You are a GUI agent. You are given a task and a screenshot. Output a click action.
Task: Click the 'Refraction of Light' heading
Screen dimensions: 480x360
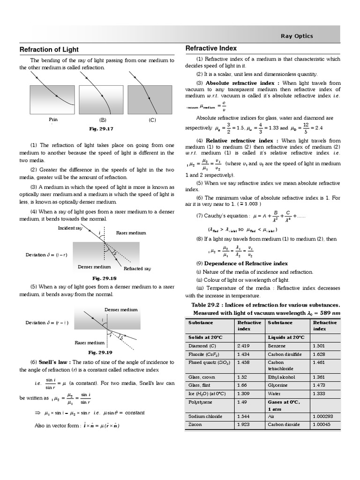tap(49, 50)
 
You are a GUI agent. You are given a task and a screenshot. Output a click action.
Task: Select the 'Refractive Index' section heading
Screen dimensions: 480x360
tap(211, 48)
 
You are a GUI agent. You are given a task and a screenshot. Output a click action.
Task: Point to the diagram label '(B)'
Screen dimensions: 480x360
tap(103, 120)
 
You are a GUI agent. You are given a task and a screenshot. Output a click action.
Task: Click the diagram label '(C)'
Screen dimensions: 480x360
tap(152, 120)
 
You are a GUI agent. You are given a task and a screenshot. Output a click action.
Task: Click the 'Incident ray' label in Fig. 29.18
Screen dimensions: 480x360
tap(70, 228)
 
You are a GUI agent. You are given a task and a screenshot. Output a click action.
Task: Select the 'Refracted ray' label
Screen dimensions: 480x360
tap(137, 269)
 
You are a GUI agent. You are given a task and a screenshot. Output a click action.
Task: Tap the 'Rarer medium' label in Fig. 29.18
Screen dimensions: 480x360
tap(131, 232)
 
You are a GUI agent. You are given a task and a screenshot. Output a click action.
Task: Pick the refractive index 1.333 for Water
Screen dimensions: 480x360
tap(319, 394)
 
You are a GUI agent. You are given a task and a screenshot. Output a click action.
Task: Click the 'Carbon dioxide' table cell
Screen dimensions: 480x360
tap(283, 425)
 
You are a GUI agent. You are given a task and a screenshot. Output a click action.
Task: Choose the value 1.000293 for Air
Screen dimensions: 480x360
tap(322, 416)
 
